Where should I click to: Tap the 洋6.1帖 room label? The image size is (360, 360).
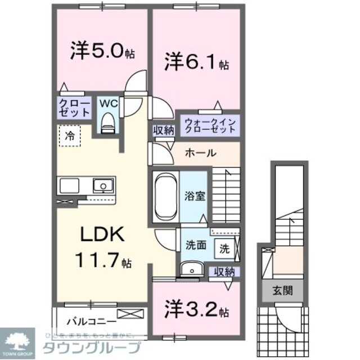pos(196,61)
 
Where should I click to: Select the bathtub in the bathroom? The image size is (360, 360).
pos(165,196)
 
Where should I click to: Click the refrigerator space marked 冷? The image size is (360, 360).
pos(70,135)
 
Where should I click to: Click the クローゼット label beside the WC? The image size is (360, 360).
pos(74,107)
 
